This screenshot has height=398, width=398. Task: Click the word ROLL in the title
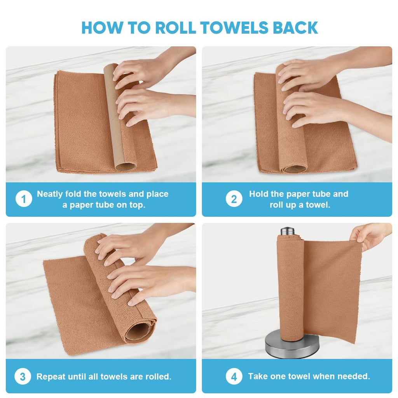175,28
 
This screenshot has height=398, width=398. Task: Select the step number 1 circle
24,199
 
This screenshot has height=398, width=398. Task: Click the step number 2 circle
234,199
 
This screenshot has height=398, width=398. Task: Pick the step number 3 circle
23,376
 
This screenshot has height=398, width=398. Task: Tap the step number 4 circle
234,376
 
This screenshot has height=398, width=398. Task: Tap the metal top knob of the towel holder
287,231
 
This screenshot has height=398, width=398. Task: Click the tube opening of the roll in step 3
138,332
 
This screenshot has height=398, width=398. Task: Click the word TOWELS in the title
234,28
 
